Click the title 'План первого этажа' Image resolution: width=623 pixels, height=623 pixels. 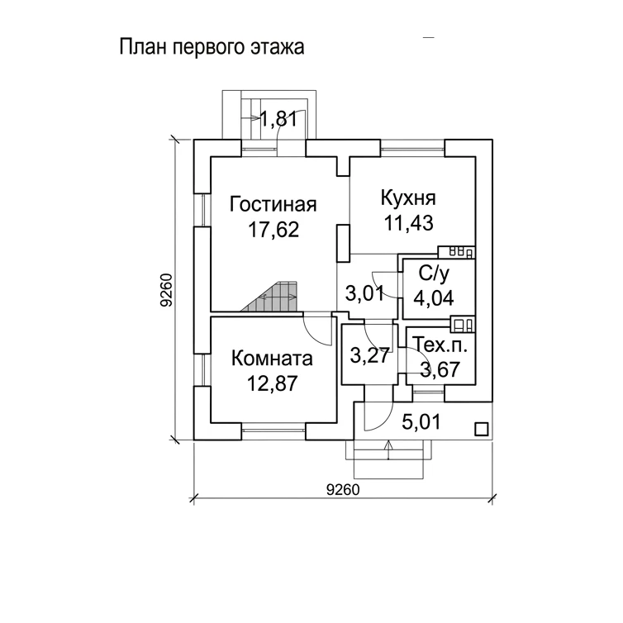(212, 47)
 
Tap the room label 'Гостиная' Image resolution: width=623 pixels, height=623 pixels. (273, 205)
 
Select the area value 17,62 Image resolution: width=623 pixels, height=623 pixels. (273, 229)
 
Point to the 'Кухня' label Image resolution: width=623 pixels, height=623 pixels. (408, 197)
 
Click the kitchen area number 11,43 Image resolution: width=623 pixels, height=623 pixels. (408, 223)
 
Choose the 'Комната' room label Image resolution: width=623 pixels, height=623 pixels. (272, 359)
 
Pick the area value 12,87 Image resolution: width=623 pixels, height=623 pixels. (272, 383)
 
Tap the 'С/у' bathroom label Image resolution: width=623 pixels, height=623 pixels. (434, 274)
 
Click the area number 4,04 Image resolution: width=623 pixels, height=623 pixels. (434, 298)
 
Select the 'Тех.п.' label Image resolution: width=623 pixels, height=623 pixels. (440, 345)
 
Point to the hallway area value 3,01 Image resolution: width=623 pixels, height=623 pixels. (364, 293)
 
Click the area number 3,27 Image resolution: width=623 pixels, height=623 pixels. (369, 355)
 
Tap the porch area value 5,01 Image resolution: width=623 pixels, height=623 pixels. (421, 422)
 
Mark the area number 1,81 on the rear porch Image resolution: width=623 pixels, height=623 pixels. (278, 119)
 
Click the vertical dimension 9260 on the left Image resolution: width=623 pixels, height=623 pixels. (166, 290)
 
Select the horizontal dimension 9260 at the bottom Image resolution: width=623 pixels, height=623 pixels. (343, 490)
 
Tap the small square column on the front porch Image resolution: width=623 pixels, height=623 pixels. (482, 430)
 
